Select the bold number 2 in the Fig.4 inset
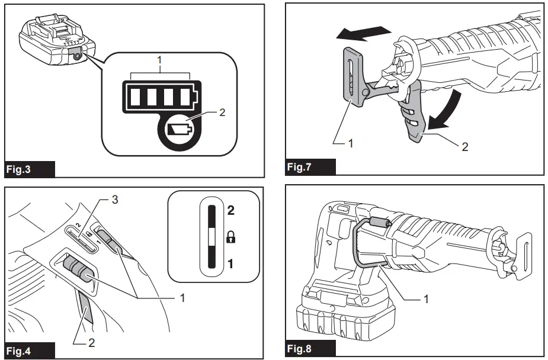(x=231, y=209)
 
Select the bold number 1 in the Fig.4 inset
(x=231, y=264)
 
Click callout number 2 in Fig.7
(x=465, y=146)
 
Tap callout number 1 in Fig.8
(x=425, y=299)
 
